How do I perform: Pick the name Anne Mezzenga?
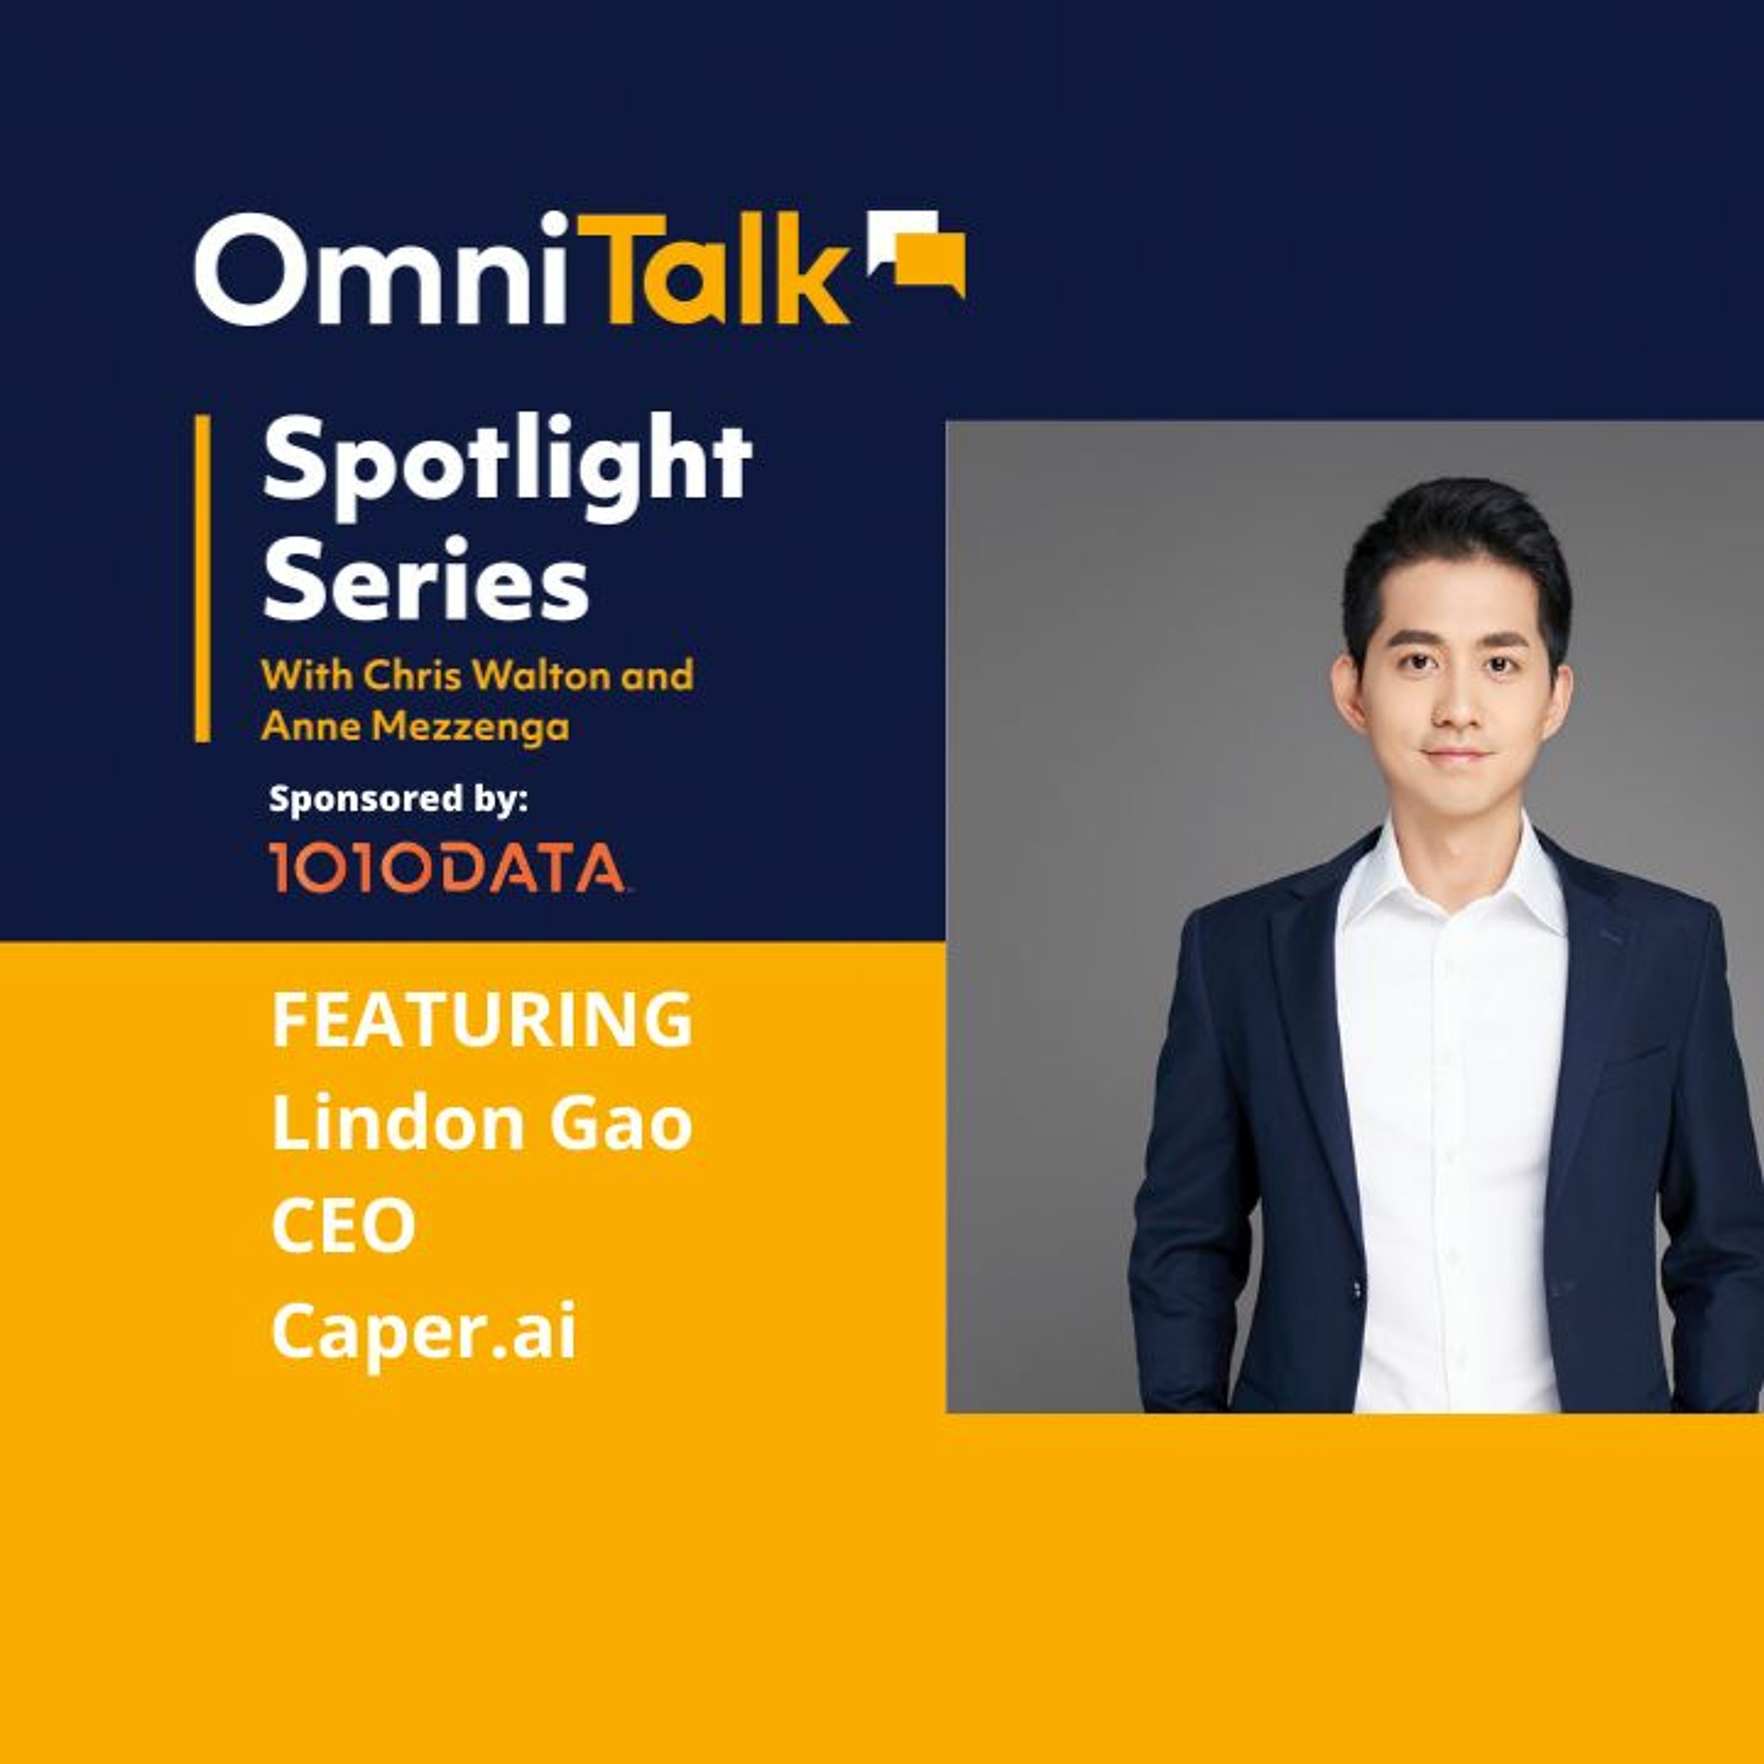416,727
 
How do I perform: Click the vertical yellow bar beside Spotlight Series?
203,578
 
